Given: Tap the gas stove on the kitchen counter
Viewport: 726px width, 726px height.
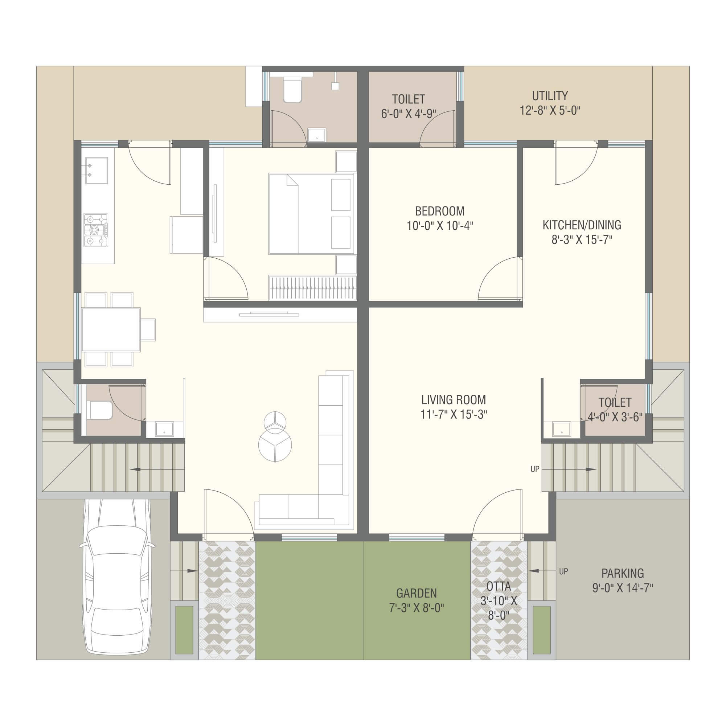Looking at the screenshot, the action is click(95, 230).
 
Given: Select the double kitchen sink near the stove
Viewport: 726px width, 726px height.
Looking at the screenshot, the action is click(97, 170).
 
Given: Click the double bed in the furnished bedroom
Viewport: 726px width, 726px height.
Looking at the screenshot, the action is click(312, 213).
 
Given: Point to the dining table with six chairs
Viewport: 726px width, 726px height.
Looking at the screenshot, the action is click(111, 329).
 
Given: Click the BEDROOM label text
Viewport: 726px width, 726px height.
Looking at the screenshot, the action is click(440, 211).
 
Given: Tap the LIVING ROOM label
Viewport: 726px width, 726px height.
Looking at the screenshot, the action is click(453, 399).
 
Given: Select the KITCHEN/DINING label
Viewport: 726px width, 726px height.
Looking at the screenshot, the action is click(582, 225).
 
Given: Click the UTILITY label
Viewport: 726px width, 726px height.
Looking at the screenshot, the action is click(550, 96).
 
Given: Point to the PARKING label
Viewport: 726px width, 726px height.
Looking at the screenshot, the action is click(623, 573).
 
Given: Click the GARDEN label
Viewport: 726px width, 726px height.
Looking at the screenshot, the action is click(417, 593).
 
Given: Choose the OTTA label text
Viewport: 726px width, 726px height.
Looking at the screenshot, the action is click(499, 586).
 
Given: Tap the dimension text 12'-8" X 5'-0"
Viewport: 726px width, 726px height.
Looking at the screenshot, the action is click(550, 111).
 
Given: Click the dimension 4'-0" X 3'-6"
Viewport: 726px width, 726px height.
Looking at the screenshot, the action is click(615, 417).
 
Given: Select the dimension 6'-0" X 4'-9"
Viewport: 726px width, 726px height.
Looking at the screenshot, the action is click(409, 114).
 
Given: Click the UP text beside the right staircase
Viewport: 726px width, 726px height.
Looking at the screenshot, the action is click(535, 469).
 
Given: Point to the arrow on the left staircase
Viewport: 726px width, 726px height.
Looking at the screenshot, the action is click(157, 469).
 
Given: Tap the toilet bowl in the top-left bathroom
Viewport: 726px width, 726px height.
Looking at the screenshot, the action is click(292, 89).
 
